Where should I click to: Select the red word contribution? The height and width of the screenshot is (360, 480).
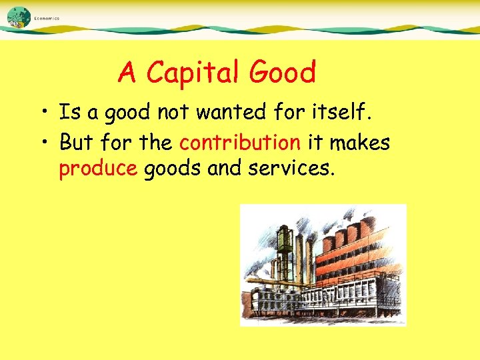pos(240,142)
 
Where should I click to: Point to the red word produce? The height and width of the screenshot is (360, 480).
pos(98,169)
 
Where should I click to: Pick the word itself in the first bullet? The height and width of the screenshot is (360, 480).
pos(342,113)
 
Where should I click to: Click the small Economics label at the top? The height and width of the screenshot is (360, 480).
pos(47,19)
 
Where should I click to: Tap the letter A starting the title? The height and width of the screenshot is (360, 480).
pos(127,73)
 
